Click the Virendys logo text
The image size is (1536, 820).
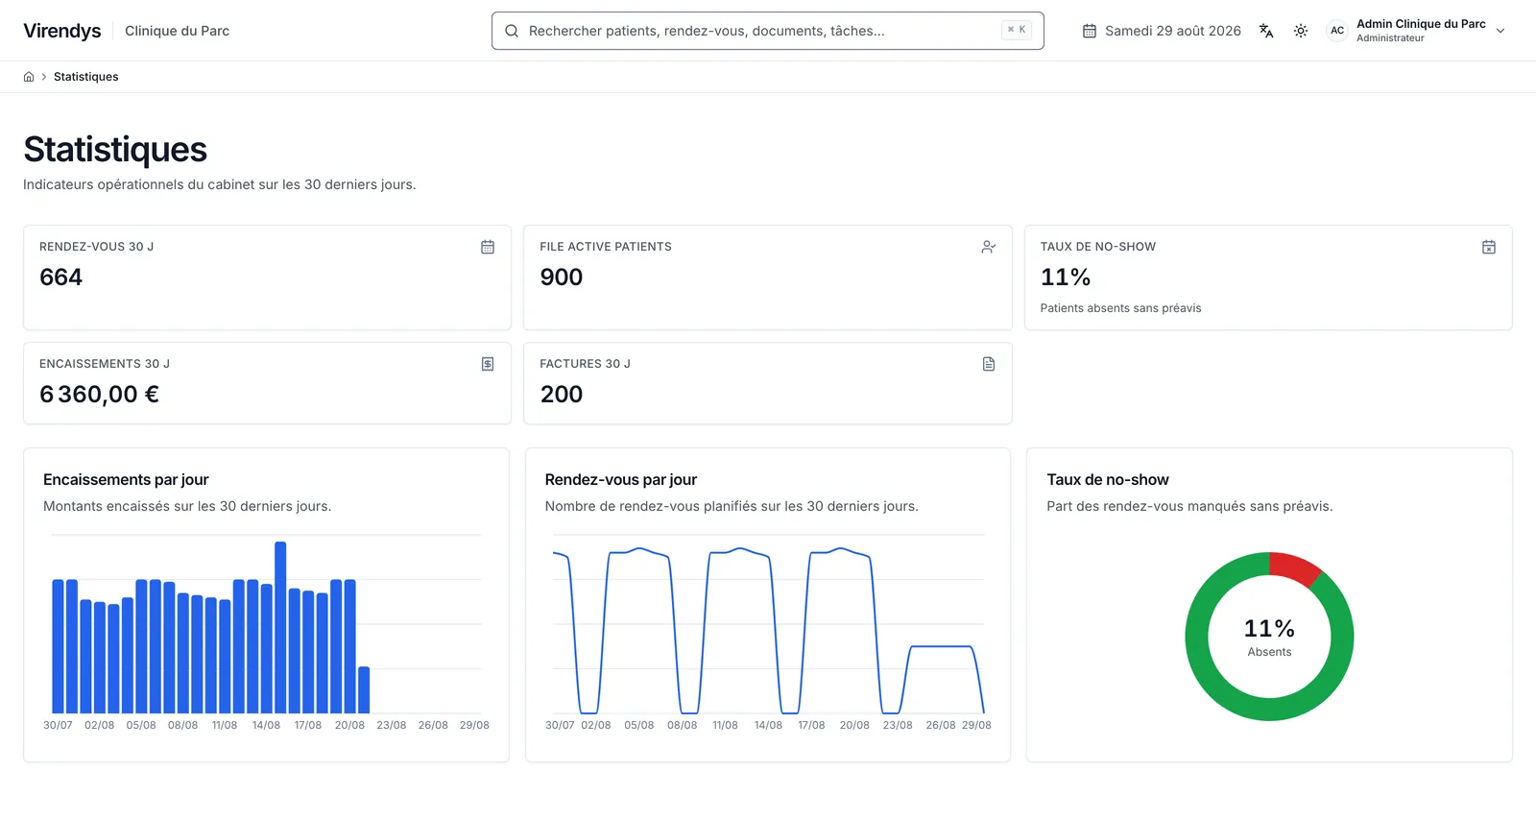pyautogui.click(x=62, y=31)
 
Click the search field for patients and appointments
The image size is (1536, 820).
pyautogui.click(x=767, y=31)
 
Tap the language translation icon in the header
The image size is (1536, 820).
pyautogui.click(x=1266, y=31)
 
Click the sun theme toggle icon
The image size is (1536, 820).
pyautogui.click(x=1300, y=31)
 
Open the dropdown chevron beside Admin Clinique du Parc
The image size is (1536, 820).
pyautogui.click(x=1500, y=31)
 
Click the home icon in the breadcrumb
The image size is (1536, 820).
pyautogui.click(x=29, y=77)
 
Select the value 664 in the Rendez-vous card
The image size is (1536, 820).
pyautogui.click(x=61, y=277)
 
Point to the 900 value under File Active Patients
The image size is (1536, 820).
pyautogui.click(x=561, y=277)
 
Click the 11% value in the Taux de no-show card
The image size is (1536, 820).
pyautogui.click(x=1065, y=277)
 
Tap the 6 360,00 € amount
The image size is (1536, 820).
pyautogui.click(x=100, y=395)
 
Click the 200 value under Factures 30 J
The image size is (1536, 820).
pyautogui.click(x=561, y=395)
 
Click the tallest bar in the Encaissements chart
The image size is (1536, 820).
pyautogui.click(x=280, y=627)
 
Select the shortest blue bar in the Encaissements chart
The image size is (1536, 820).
pyautogui.click(x=364, y=689)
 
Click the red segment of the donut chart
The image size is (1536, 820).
pyautogui.click(x=1293, y=568)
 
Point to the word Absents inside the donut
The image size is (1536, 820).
pyautogui.click(x=1269, y=652)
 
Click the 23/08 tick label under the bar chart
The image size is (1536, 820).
pyautogui.click(x=391, y=725)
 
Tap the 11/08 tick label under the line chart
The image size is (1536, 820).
pyautogui.click(x=725, y=725)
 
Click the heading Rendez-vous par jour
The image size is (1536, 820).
pyautogui.click(x=620, y=480)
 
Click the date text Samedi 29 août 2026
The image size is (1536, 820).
pyautogui.click(x=1172, y=31)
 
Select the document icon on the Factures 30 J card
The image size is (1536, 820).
pyautogui.click(x=988, y=364)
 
